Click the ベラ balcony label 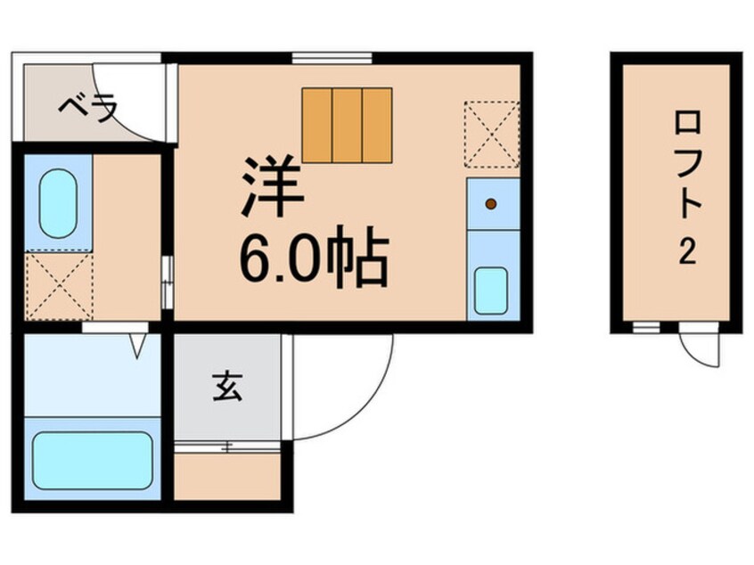87,109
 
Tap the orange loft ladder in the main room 347,124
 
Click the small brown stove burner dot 491,204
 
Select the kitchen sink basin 491,290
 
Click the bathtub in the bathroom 93,461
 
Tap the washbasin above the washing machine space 59,204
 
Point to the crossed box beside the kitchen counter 491,135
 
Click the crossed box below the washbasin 59,286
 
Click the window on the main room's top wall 332,59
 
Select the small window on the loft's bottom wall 640,327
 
